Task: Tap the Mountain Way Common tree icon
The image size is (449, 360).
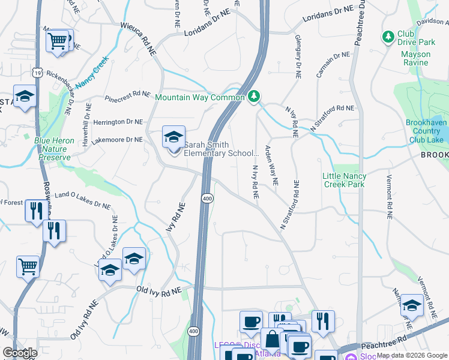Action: coord(254,97)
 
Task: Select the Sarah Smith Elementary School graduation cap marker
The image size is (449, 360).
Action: coord(173,137)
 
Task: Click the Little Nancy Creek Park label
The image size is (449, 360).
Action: coord(352,180)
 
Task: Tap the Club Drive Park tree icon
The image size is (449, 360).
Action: coord(388,38)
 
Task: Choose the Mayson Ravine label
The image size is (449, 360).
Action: coord(415,58)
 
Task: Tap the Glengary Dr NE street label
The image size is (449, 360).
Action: coord(298,56)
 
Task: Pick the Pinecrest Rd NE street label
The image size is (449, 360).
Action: coord(127,95)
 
